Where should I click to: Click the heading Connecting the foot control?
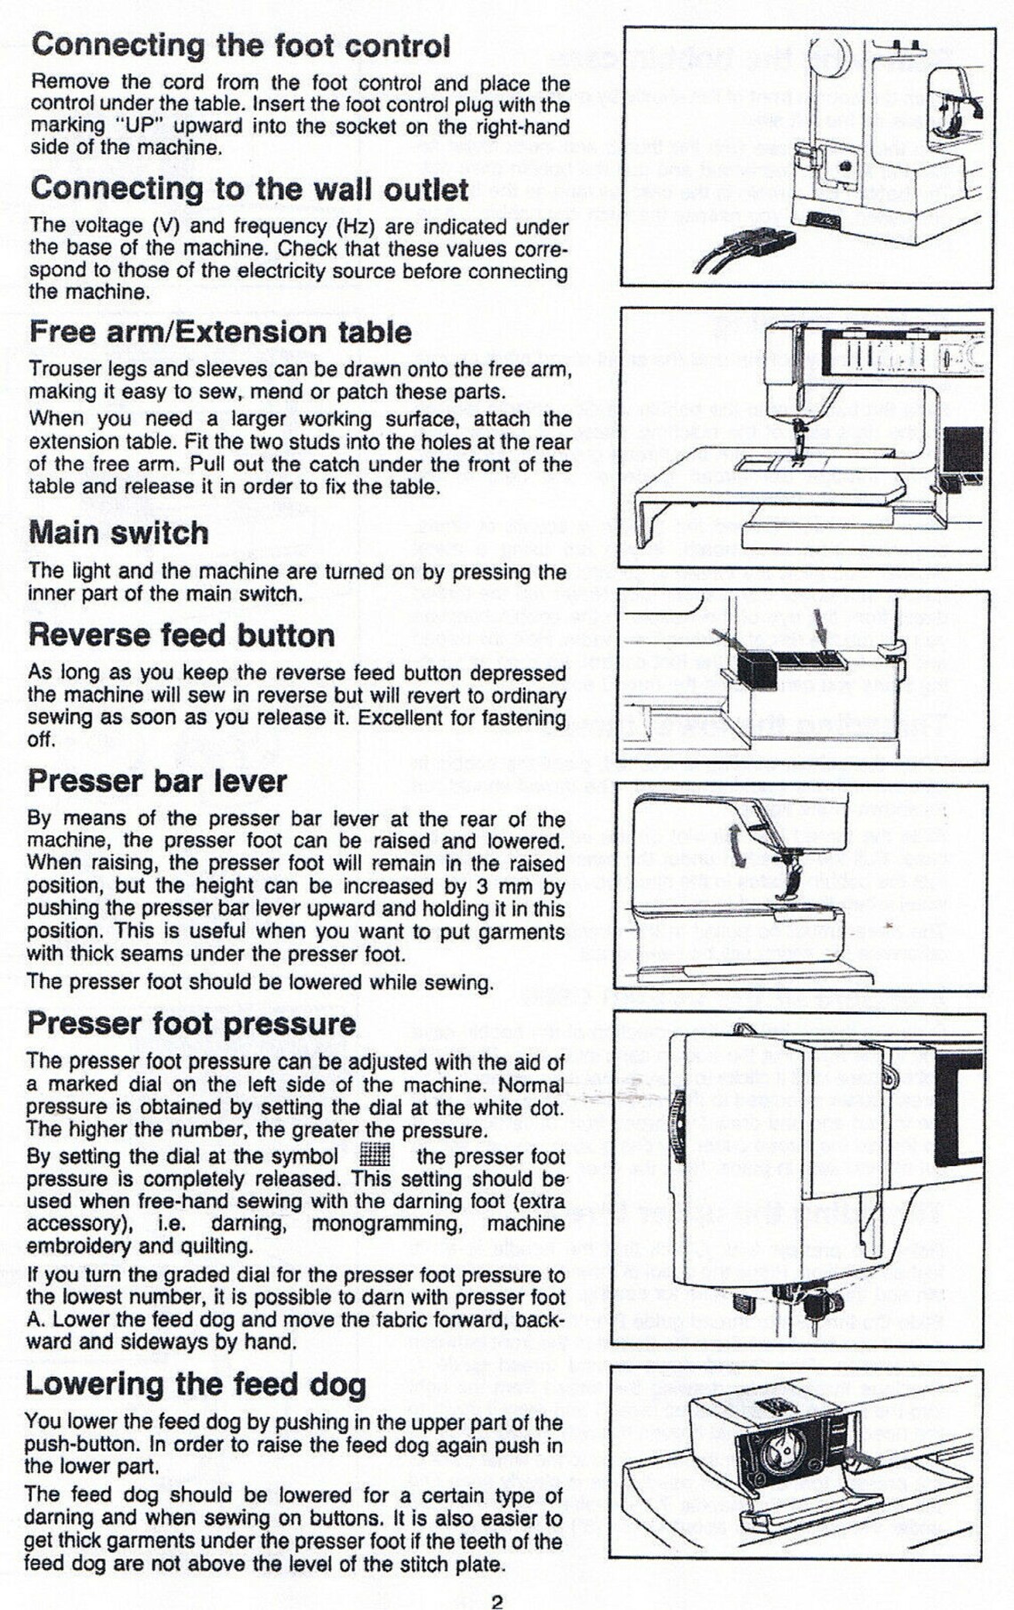(x=240, y=45)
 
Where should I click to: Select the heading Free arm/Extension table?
(x=220, y=332)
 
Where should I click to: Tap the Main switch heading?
(x=118, y=533)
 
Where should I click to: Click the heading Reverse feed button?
(x=181, y=635)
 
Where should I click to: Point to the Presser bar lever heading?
(x=157, y=781)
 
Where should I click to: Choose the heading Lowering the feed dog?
(x=196, y=1384)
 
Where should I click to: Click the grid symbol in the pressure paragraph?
(x=375, y=1155)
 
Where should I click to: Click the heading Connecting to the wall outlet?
(x=249, y=189)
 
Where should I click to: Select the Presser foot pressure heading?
(x=191, y=1023)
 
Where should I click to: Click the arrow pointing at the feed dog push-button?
(x=859, y=1457)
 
